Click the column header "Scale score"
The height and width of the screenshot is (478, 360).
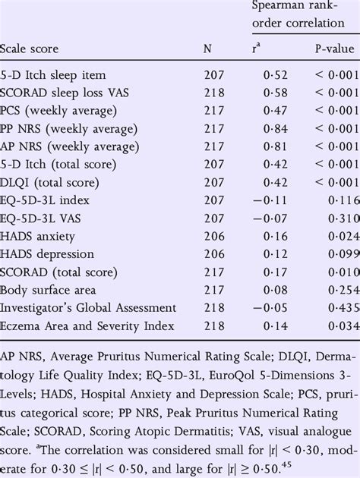(x=30, y=49)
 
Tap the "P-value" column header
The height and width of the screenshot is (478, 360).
(x=334, y=49)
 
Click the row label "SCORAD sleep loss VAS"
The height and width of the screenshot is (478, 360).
(x=63, y=93)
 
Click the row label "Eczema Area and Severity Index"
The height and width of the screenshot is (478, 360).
(x=88, y=325)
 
